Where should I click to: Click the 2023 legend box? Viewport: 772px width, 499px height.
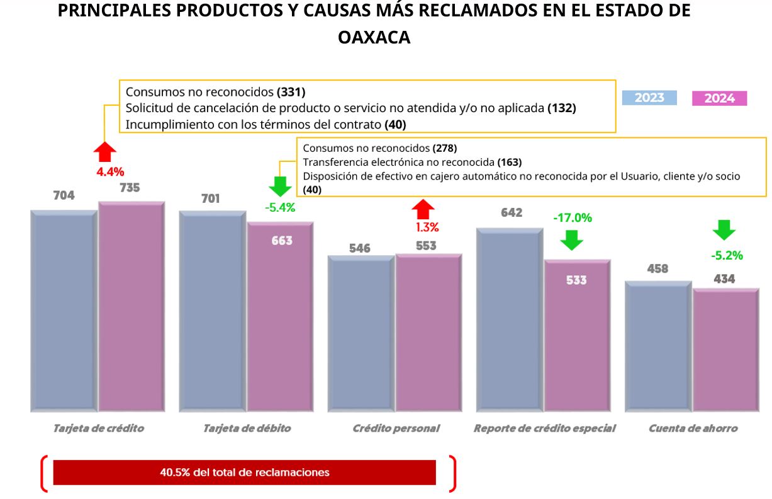tap(649, 98)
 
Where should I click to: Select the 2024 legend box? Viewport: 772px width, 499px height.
tap(719, 98)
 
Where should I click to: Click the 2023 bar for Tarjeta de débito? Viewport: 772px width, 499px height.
tap(212, 311)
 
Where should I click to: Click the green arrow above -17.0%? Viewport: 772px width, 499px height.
tap(572, 239)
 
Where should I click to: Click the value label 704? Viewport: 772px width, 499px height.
tap(64, 195)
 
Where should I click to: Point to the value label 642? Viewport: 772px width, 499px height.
tap(512, 212)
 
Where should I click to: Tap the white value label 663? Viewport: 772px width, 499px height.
tap(282, 240)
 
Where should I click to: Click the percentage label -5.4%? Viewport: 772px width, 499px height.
tap(280, 207)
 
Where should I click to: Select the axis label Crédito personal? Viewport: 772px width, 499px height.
tap(396, 428)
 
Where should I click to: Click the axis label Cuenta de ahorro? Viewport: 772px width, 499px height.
tap(693, 428)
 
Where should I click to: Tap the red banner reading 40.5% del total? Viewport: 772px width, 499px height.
tap(244, 472)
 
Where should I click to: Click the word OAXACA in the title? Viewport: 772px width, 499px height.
tap(374, 38)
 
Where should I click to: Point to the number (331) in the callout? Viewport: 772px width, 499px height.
tap(291, 91)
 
